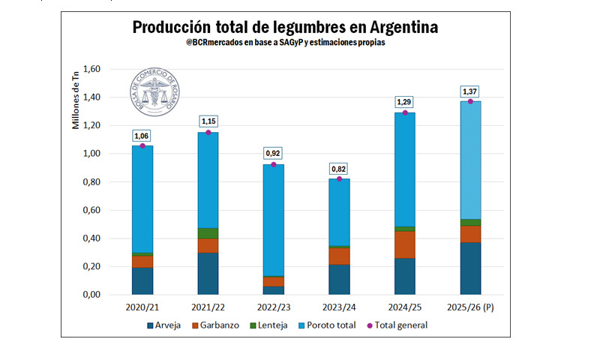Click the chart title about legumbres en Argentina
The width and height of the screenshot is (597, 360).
pyautogui.click(x=286, y=28)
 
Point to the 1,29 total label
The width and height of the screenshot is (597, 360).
pyautogui.click(x=405, y=103)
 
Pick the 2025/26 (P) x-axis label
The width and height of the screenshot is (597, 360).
pyautogui.click(x=471, y=307)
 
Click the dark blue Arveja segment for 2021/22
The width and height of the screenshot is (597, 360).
pyautogui.click(x=208, y=273)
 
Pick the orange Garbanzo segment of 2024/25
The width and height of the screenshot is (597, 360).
pyautogui.click(x=405, y=244)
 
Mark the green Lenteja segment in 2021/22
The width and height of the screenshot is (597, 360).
pyautogui.click(x=208, y=233)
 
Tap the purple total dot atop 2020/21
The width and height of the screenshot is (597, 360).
pyautogui.click(x=142, y=145)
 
